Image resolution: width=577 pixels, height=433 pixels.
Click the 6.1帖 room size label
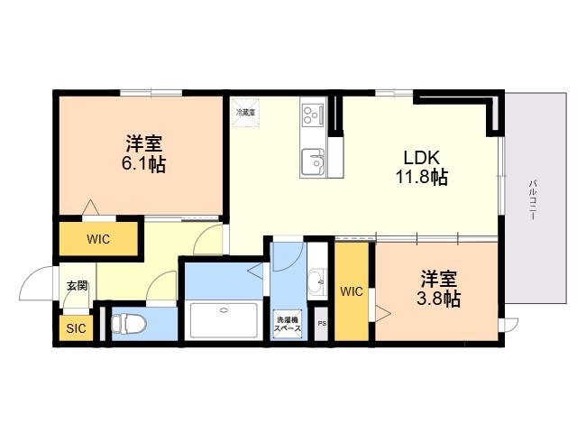click(144, 164)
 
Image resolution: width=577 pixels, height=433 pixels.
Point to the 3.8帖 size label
click(439, 299)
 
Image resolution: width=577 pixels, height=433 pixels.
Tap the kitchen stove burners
click(313, 115)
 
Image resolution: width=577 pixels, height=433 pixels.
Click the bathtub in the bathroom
click(224, 319)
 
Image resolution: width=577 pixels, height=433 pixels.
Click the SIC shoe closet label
click(76, 328)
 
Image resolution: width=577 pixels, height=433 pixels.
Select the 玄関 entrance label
click(77, 286)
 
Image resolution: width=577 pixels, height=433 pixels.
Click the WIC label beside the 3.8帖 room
click(352, 290)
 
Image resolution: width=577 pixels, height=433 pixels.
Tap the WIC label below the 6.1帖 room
click(98, 240)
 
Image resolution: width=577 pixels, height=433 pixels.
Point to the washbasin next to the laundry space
click(316, 283)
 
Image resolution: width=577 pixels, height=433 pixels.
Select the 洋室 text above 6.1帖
click(144, 143)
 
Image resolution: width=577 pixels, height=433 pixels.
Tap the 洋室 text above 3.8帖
click(439, 278)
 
